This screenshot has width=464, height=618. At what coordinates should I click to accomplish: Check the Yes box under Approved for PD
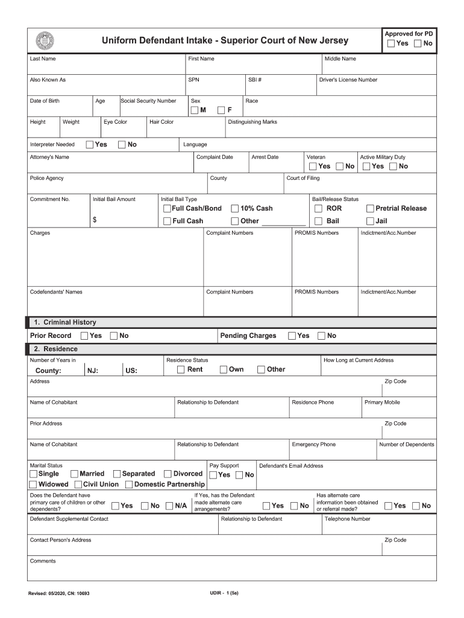click(x=391, y=43)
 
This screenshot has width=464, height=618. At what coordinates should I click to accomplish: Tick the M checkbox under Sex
click(x=195, y=110)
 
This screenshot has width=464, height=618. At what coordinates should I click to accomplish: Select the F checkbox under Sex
click(x=221, y=110)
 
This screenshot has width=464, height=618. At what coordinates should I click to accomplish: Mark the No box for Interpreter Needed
click(x=122, y=145)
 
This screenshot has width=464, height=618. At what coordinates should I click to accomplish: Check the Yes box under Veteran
click(x=312, y=167)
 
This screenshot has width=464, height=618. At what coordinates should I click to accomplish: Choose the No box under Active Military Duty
click(x=393, y=167)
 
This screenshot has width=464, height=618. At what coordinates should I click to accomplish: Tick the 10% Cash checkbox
click(x=234, y=209)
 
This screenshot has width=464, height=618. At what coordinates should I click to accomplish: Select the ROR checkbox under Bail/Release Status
click(x=318, y=209)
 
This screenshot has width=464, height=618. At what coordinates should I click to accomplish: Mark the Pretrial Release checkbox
click(x=370, y=209)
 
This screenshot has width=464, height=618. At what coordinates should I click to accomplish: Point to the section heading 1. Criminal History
click(x=65, y=322)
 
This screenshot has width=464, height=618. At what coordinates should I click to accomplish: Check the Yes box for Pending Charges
click(x=292, y=336)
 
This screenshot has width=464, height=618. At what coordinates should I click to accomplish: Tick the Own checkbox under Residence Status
click(x=223, y=369)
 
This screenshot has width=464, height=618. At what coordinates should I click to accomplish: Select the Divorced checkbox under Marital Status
click(x=168, y=474)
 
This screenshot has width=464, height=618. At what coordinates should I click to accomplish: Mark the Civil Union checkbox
click(x=78, y=485)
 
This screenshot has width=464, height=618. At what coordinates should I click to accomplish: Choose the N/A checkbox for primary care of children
click(x=170, y=506)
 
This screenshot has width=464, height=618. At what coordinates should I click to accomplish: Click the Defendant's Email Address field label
click(x=291, y=466)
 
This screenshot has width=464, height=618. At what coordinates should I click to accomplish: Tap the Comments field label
click(x=43, y=561)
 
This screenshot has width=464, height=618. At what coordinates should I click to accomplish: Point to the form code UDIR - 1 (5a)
click(x=224, y=593)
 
